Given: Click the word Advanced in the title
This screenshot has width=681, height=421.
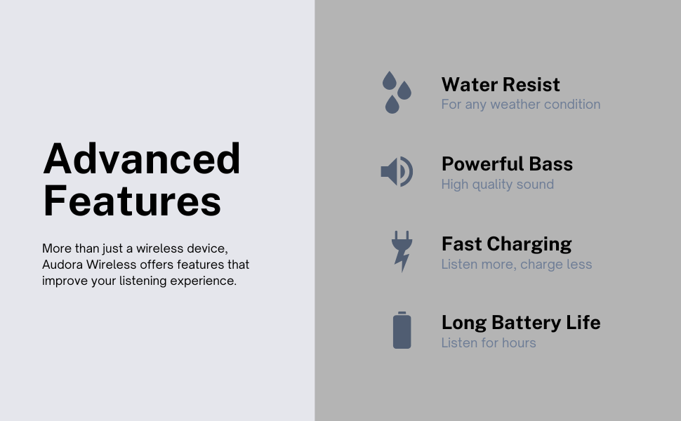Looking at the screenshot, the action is coord(142,159).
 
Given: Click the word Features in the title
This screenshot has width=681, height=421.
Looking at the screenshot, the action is coord(132,201).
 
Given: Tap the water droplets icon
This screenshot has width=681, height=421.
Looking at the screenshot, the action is coord(397,93).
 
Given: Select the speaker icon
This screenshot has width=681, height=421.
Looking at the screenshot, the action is coord(397,172).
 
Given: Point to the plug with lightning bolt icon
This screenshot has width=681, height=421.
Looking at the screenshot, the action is coord(402,251).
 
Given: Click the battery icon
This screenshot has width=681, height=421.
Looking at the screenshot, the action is coord(402,330).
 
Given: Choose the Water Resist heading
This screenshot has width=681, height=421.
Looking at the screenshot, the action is coord(501,85).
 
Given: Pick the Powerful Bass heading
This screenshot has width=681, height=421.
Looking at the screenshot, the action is coord(507,164).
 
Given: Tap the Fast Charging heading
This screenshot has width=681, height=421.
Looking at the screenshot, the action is coord(506,244).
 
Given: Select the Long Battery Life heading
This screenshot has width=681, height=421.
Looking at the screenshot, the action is coord(521,323).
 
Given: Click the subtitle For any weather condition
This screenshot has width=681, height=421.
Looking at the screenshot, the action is coord(521,105).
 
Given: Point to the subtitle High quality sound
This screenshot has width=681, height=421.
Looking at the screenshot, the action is coord(497,185).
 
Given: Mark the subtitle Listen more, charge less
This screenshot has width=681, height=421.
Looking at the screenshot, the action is coord(517,265).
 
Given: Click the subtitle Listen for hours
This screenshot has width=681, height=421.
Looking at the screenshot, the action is coord(489,343).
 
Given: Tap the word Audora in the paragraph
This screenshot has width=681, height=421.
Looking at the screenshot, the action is coord(62,265).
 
